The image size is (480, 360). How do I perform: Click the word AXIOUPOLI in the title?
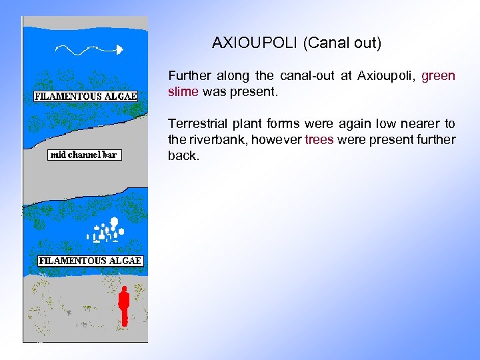tap(255, 44)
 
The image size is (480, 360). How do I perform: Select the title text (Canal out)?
tap(341, 44)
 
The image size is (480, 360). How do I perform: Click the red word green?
tap(438, 76)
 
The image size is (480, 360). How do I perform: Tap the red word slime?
tap(183, 92)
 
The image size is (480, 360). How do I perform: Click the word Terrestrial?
tap(197, 124)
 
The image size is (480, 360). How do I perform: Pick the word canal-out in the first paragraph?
tap(305, 76)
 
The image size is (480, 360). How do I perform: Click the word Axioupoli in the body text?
tap(383, 76)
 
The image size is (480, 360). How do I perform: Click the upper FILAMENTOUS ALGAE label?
tap(85, 96)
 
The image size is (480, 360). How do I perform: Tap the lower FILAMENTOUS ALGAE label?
tap(90, 261)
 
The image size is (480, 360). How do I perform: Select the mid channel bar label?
tap(84, 155)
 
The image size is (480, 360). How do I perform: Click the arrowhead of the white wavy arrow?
tap(120, 49)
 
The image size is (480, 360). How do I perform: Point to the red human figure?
tap(123, 305)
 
